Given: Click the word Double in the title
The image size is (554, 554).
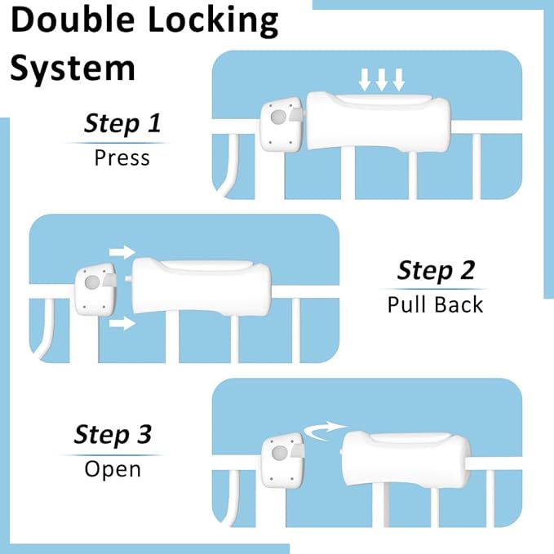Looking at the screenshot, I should [x=78, y=21].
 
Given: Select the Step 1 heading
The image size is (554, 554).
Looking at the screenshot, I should [x=122, y=124].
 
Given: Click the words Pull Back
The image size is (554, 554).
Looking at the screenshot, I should [x=435, y=304].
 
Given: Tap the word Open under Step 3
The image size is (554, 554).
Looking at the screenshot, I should [x=113, y=468].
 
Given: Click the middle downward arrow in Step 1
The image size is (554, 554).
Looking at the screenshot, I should [x=382, y=80].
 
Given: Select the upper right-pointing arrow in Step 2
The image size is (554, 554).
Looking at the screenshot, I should [x=122, y=251].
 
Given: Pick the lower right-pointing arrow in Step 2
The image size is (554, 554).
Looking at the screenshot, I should [x=122, y=324].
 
